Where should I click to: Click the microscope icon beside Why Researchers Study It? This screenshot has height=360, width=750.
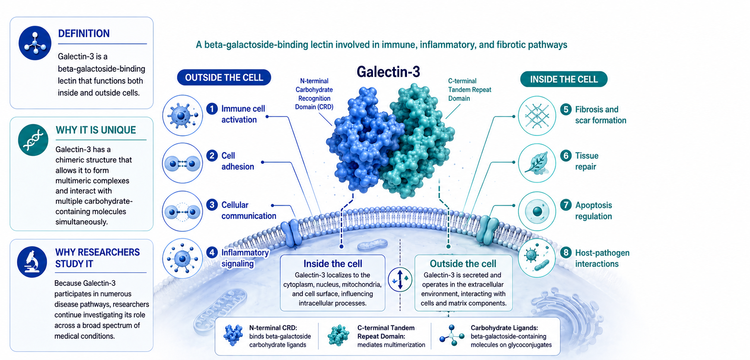(32, 262)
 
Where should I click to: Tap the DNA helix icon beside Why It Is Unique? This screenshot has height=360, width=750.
(33, 140)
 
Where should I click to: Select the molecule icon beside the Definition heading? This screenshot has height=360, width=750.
(35, 43)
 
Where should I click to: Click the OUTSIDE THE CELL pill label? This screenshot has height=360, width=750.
(224, 77)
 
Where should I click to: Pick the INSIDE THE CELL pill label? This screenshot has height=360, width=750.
(564, 79)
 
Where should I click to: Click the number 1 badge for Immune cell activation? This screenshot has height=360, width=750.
(212, 109)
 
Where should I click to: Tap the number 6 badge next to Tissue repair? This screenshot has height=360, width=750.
(566, 156)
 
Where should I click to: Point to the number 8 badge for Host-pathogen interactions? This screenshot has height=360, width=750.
(566, 253)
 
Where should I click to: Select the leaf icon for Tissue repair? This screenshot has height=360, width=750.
(537, 163)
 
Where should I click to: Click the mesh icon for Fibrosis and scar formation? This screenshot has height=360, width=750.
(537, 116)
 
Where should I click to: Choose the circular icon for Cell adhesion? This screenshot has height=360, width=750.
(182, 163)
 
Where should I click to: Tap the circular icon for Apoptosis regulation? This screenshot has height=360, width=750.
(537, 211)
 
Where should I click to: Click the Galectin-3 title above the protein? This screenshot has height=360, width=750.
(388, 72)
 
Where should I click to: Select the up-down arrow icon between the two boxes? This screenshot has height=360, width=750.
(400, 280)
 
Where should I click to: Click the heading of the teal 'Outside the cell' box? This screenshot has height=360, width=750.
(463, 264)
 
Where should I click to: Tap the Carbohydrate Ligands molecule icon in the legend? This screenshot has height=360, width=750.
(452, 336)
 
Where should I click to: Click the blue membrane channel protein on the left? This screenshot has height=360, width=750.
(292, 233)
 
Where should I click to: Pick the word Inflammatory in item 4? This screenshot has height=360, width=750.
(245, 253)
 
